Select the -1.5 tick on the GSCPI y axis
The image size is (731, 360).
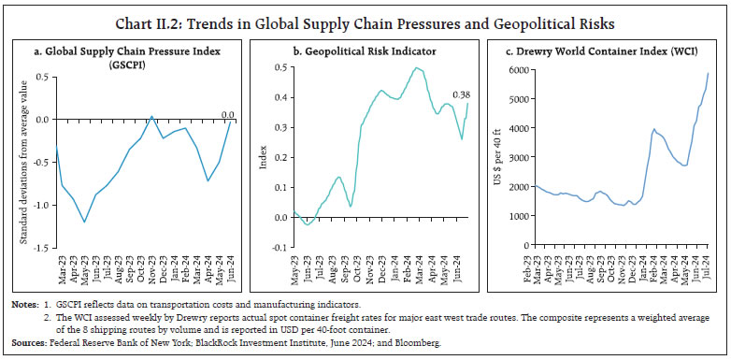click(41, 248)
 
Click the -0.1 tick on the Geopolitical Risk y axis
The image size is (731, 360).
click(276, 248)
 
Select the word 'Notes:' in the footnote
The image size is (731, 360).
click(23, 306)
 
